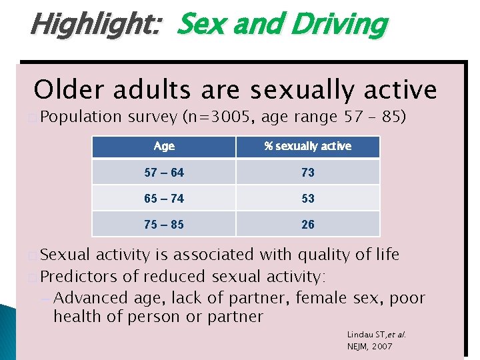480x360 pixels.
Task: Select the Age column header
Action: pos(164,146)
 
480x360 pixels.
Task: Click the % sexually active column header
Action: pos(307,146)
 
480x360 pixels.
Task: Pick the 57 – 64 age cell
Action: pos(164,172)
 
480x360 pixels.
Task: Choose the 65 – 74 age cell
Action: pos(164,198)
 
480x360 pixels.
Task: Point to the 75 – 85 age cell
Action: pos(164,224)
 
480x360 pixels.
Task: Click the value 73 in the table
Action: pos(307,172)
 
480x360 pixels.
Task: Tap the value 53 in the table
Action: pos(307,198)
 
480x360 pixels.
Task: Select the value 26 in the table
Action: pos(307,224)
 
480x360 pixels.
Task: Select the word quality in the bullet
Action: pos(322,255)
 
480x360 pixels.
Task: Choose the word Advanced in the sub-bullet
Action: pos(87,297)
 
